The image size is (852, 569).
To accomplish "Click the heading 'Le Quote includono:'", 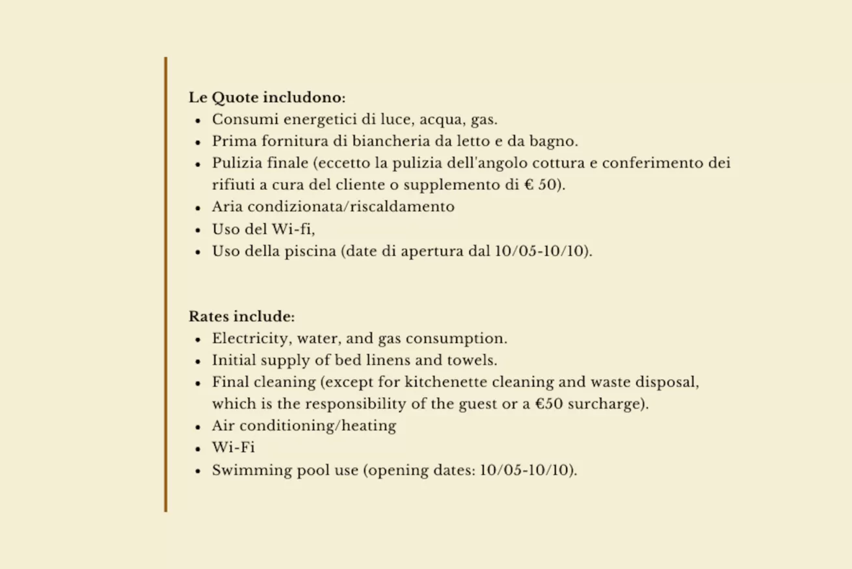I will [x=267, y=98].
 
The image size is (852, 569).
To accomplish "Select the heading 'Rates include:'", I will [x=241, y=317].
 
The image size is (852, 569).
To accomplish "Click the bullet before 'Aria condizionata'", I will [x=198, y=208].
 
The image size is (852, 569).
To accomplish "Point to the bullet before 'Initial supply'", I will [x=198, y=362].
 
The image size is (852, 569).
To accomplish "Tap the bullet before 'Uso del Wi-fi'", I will [x=198, y=230].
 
